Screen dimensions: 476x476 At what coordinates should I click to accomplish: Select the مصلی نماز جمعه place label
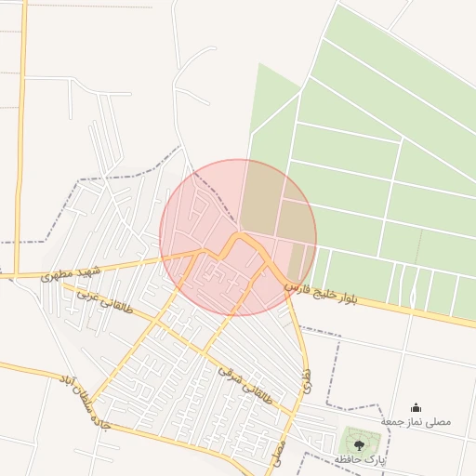pos(416,421)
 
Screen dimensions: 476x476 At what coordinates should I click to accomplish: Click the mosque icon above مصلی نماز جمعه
pos(416,406)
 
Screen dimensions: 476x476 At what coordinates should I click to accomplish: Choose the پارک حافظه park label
pos(361,459)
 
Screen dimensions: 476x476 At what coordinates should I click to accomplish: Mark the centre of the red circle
pos(238,237)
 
